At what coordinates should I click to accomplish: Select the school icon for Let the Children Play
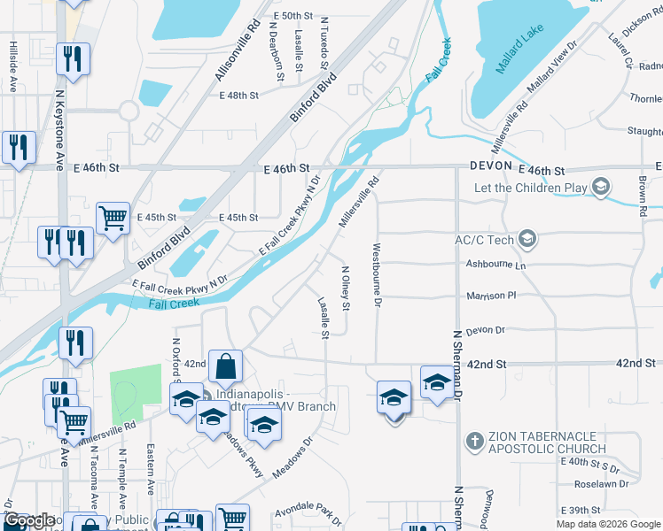pyautogui.click(x=602, y=187)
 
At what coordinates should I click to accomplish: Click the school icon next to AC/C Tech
pyautogui.click(x=528, y=239)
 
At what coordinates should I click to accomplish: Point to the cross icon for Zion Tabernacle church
pyautogui.click(x=474, y=439)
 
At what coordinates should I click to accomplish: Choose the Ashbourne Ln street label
pyautogui.click(x=495, y=265)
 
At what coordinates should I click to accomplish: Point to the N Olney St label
pyautogui.click(x=346, y=288)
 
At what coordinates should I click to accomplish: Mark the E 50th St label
pyautogui.click(x=293, y=17)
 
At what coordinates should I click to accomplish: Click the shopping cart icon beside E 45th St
pyautogui.click(x=113, y=217)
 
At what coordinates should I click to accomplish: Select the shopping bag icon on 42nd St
pyautogui.click(x=228, y=365)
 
